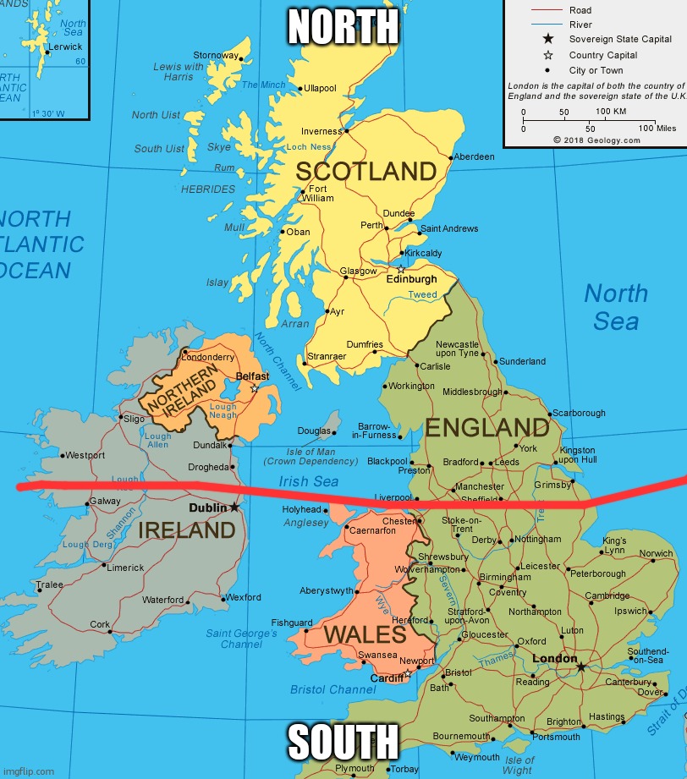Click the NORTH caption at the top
343,27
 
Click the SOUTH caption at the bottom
343,742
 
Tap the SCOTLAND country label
365,172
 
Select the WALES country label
365,634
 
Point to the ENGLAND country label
486,427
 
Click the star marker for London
581,667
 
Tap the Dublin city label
207,507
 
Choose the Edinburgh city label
412,279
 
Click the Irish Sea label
309,481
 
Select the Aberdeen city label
474,157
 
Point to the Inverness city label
322,131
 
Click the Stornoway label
216,56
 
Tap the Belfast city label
252,376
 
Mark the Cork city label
100,624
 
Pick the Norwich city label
656,554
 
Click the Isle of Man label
311,452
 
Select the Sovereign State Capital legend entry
620,39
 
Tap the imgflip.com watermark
29,771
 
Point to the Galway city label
104,502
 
